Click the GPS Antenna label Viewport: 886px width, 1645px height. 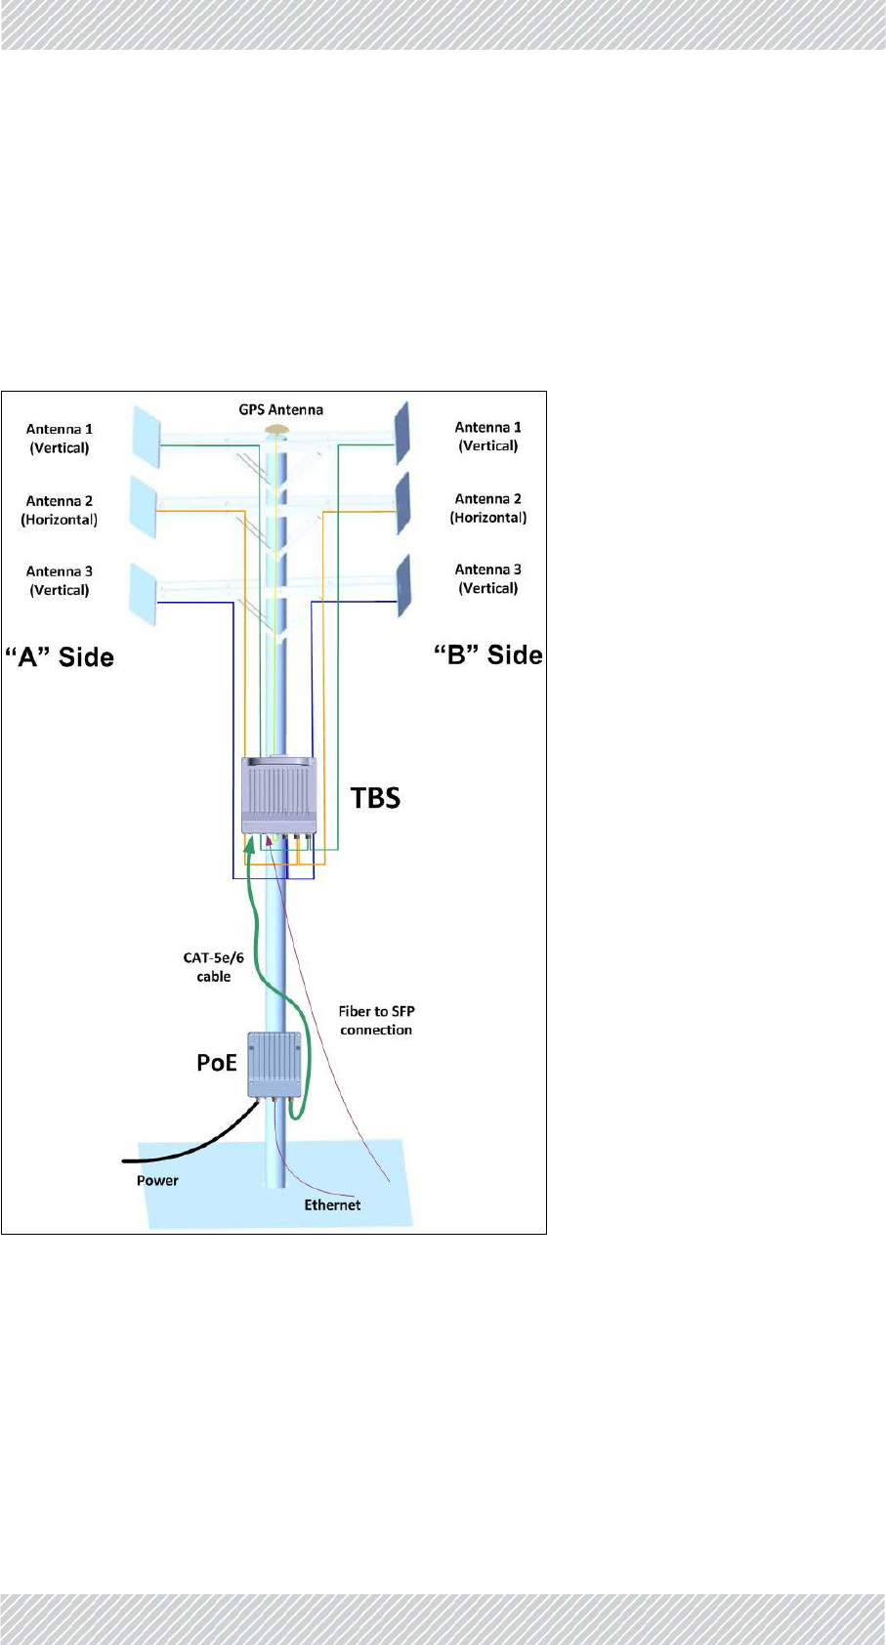280,409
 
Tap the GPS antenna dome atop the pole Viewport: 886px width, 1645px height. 277,430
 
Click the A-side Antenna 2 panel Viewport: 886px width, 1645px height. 143,506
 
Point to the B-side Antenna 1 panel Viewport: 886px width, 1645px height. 401,433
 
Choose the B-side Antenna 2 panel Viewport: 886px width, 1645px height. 401,503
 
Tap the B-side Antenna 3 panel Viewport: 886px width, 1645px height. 401,585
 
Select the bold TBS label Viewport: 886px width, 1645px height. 375,798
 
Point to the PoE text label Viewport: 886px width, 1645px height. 217,1063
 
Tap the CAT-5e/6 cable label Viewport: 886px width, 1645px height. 214,967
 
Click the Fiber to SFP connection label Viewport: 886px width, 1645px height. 376,1020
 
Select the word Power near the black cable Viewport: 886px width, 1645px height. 157,1180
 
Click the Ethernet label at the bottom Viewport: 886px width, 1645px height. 332,1204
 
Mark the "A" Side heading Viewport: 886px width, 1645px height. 61,656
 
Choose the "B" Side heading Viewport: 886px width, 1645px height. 487,654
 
